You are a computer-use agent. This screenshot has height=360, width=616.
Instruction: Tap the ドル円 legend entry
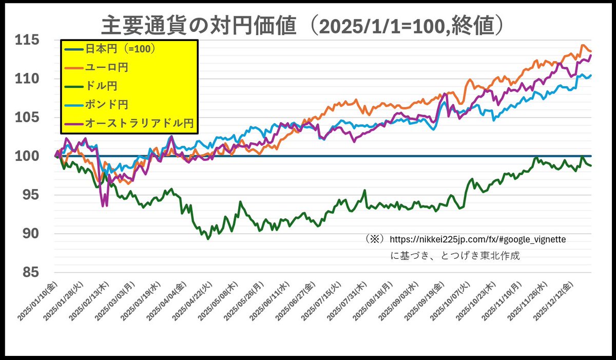tap(100, 86)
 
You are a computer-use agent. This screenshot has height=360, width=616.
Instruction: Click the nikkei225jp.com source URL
tap(477, 239)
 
